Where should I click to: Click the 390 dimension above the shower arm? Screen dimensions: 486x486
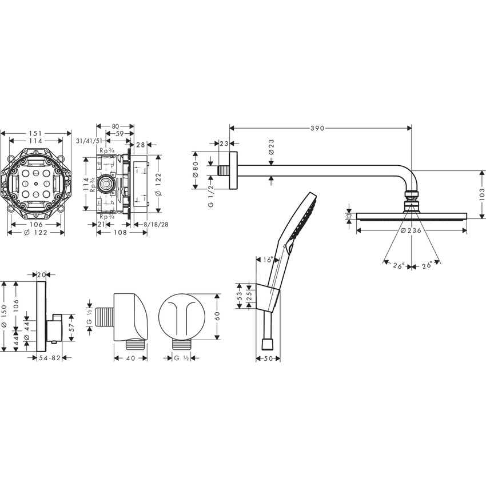pos(318,128)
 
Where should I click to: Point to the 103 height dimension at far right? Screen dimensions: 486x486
pos(482,193)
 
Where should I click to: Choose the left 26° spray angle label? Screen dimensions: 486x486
pos(399,265)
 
